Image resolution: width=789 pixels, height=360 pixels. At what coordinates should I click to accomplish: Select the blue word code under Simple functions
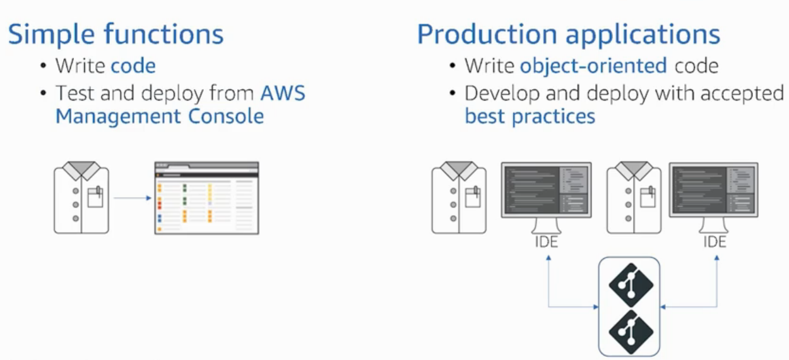(133, 66)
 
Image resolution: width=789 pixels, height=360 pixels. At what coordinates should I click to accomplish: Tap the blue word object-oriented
(593, 66)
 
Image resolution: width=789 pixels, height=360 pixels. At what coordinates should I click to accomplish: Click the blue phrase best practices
(530, 116)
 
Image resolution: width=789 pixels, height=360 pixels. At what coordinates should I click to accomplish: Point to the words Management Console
(160, 116)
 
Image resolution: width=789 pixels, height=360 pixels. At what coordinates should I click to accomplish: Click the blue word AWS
(283, 93)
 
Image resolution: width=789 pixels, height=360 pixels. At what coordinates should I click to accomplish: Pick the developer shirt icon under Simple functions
(81, 198)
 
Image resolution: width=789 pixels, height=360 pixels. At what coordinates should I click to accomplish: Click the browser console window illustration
(206, 198)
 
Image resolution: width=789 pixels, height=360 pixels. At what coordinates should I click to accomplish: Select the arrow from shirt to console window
(132, 198)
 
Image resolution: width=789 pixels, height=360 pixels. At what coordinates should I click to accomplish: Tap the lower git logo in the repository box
(630, 328)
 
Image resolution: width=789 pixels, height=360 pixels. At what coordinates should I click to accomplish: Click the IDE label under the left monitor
(547, 242)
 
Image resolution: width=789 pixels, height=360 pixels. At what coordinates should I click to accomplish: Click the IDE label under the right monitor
(715, 242)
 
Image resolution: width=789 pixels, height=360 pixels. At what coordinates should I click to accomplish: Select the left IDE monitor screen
(546, 190)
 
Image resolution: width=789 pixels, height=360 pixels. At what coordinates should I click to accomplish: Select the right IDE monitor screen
(714, 190)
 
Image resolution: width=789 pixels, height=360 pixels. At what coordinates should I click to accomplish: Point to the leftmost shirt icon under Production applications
(459, 198)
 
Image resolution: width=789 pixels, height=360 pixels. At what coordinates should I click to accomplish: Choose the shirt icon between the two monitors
(634, 198)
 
